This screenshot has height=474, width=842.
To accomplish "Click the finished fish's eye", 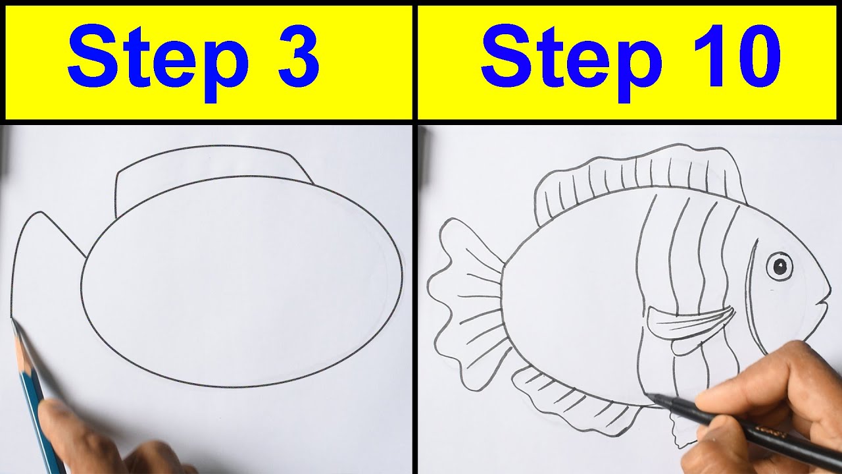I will pyautogui.click(x=780, y=266).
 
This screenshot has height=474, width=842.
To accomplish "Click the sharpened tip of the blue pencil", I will pyautogui.click(x=13, y=322).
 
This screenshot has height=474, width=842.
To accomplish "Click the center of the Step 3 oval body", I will pyautogui.click(x=241, y=281).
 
